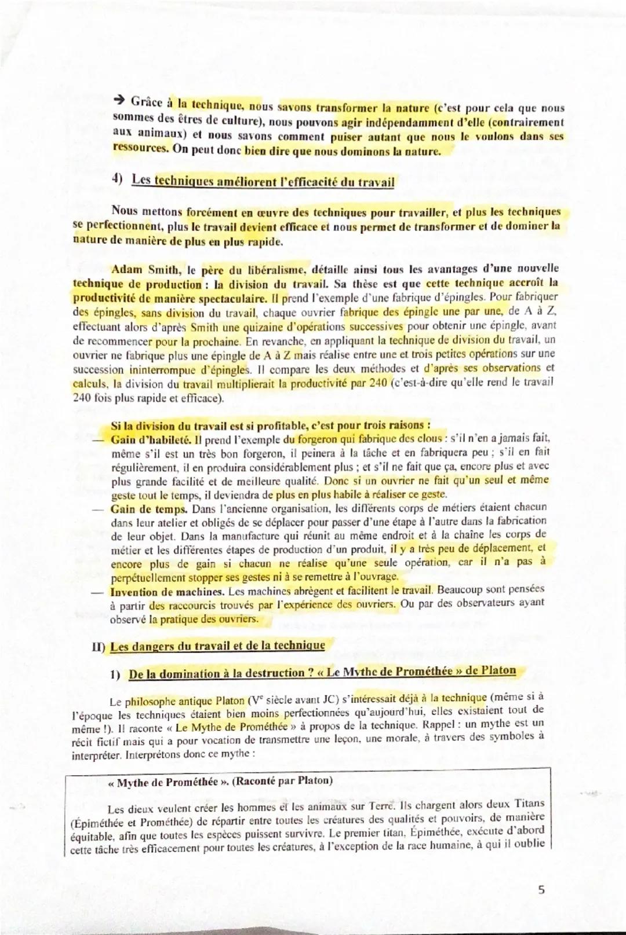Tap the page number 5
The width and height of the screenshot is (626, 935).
click(x=541, y=890)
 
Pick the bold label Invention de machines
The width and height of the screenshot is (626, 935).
click(x=167, y=592)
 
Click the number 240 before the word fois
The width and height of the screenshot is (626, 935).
click(x=82, y=398)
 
